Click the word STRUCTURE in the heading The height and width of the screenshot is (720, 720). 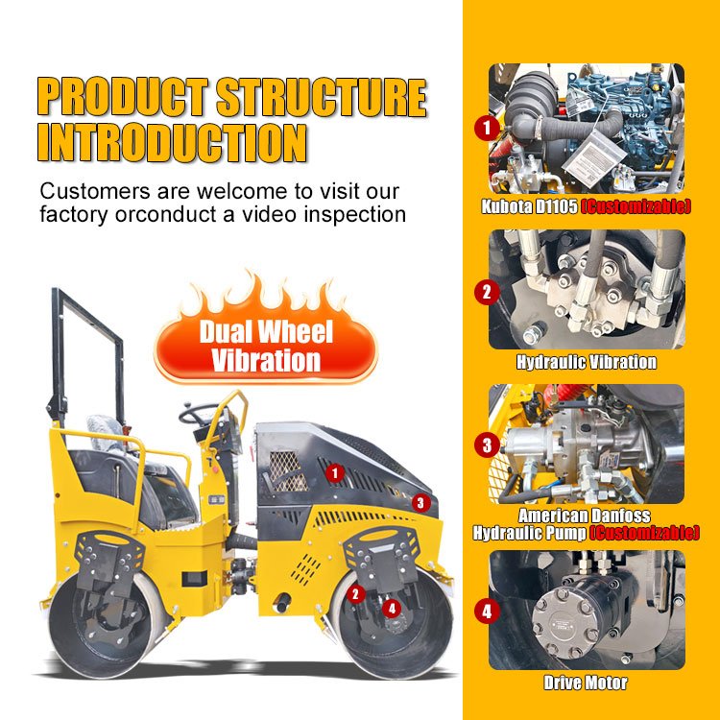pyautogui.click(x=322, y=97)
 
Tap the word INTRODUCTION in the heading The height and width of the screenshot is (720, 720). pyautogui.click(x=172, y=142)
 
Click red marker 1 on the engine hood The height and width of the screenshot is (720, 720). pyautogui.click(x=335, y=473)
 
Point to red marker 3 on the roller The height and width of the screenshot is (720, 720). pyautogui.click(x=420, y=503)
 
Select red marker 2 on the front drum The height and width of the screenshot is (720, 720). pyautogui.click(x=355, y=594)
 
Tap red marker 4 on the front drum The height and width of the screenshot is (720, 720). pyautogui.click(x=392, y=609)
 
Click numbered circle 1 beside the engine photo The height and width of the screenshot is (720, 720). pyautogui.click(x=487, y=127)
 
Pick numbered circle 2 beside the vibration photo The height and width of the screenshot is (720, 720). pyautogui.click(x=487, y=292)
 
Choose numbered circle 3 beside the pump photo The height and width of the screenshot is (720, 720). pyautogui.click(x=487, y=444)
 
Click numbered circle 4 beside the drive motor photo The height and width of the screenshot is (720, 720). pyautogui.click(x=487, y=612)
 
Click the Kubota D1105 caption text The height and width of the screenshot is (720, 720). pyautogui.click(x=529, y=206)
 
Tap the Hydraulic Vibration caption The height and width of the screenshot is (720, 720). pyautogui.click(x=587, y=362)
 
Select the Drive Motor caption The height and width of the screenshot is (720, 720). pyautogui.click(x=586, y=683)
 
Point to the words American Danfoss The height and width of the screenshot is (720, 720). pyautogui.click(x=584, y=516)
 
